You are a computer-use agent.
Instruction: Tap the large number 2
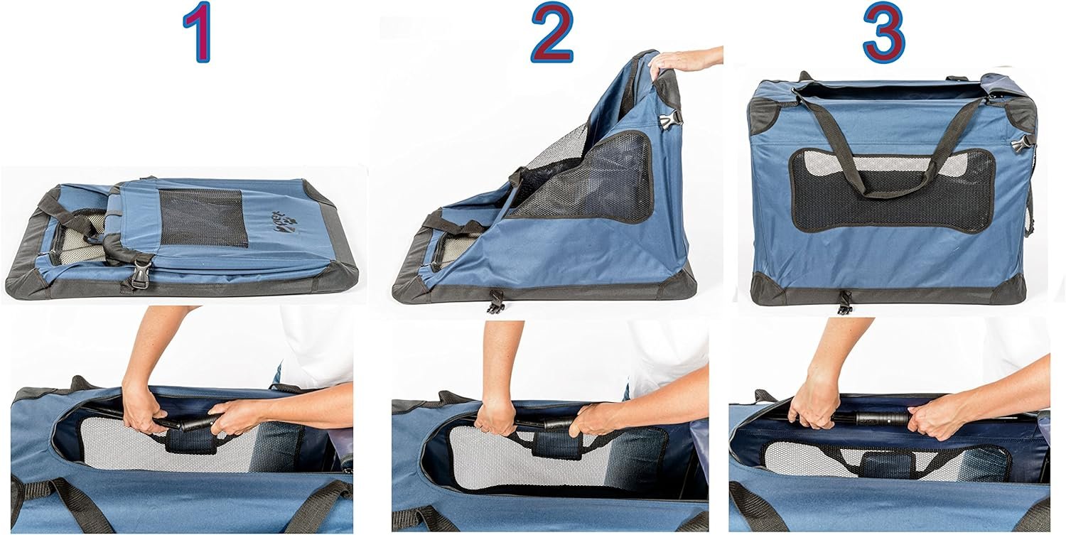551,33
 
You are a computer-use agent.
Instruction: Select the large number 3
883,33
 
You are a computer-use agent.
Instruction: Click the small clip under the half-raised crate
495,301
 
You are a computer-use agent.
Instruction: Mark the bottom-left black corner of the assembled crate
766,290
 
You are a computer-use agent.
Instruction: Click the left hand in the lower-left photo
143,409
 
